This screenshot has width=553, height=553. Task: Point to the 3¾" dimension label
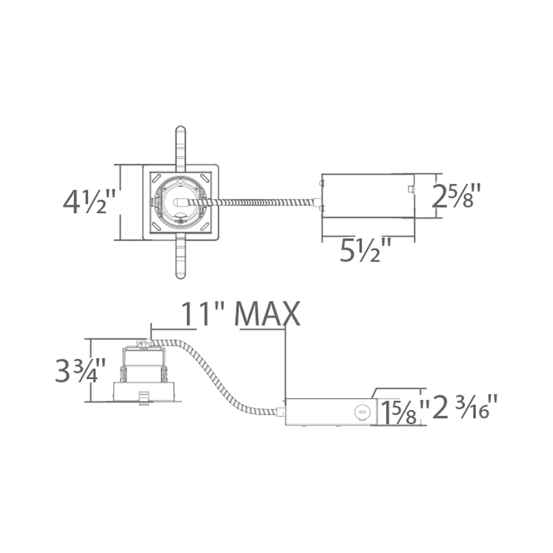81,371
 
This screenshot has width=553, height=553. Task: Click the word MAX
267,314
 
